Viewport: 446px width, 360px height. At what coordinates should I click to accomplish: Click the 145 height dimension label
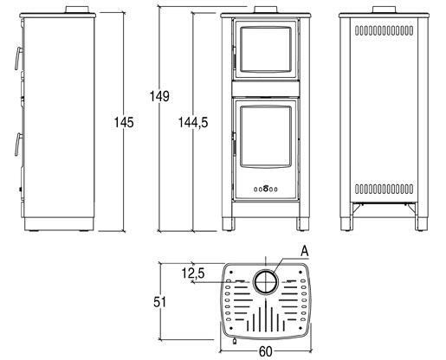(124, 122)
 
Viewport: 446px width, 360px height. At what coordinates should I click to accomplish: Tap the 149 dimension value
(159, 96)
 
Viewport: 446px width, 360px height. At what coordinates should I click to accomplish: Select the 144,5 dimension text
(193, 122)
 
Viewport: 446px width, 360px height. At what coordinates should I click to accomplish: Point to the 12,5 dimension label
(193, 273)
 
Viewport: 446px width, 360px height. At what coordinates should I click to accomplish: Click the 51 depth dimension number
(159, 302)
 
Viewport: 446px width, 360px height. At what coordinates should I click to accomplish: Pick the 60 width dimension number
(266, 351)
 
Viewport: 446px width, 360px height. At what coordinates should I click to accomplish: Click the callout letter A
(305, 251)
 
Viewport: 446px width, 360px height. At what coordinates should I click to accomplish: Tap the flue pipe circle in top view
(266, 282)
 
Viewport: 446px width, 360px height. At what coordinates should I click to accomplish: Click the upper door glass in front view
(266, 49)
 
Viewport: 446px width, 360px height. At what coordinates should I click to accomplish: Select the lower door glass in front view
(266, 137)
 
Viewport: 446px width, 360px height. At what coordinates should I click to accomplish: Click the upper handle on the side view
(19, 59)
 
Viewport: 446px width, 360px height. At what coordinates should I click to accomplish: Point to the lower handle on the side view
(19, 145)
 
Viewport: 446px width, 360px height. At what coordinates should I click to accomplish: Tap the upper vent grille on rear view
(384, 30)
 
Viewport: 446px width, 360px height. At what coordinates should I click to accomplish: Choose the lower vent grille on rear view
(384, 189)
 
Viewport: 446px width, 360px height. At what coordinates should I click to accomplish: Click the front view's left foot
(229, 224)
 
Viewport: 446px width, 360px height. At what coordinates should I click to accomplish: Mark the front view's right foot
(303, 224)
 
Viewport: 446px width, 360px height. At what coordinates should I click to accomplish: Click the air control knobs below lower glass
(266, 189)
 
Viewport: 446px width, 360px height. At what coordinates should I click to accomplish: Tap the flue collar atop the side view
(77, 10)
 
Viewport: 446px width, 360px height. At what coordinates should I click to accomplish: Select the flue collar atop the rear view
(384, 10)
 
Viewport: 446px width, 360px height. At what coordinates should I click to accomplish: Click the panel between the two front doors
(266, 88)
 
